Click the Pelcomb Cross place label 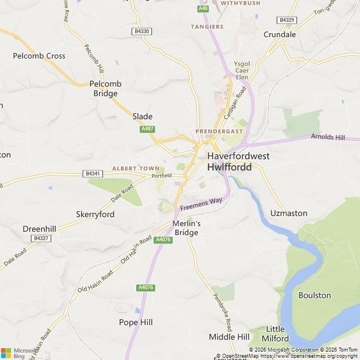pos(39,56)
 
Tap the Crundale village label pos(280,34)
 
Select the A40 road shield pos(203,8)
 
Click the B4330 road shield pos(142,31)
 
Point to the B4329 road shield pos(286,20)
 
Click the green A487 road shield pos(147,129)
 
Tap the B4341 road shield pos(93,174)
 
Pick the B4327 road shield pos(40,238)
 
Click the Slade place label pos(142,116)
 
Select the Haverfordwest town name pos(238,156)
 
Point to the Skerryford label pos(95,214)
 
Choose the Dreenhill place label pos(39,229)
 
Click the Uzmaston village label pos(289,213)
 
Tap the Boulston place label pos(314,295)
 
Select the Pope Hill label pos(136,322)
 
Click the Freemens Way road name pos(201,204)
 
